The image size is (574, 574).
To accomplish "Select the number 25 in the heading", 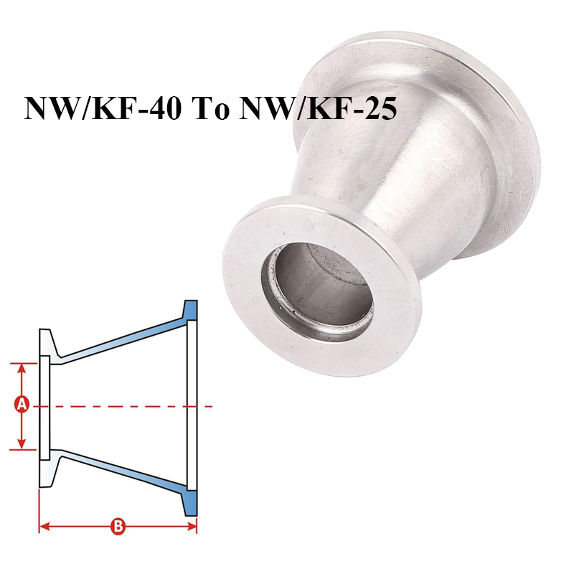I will [372, 109].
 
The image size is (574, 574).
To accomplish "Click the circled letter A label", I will [22, 405].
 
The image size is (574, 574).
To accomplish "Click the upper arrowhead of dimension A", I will [22, 367].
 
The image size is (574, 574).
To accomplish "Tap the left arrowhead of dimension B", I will [43, 527].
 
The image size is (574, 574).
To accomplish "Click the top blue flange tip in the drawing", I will [190, 311].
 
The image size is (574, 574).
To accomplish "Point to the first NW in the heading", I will [47, 109].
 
